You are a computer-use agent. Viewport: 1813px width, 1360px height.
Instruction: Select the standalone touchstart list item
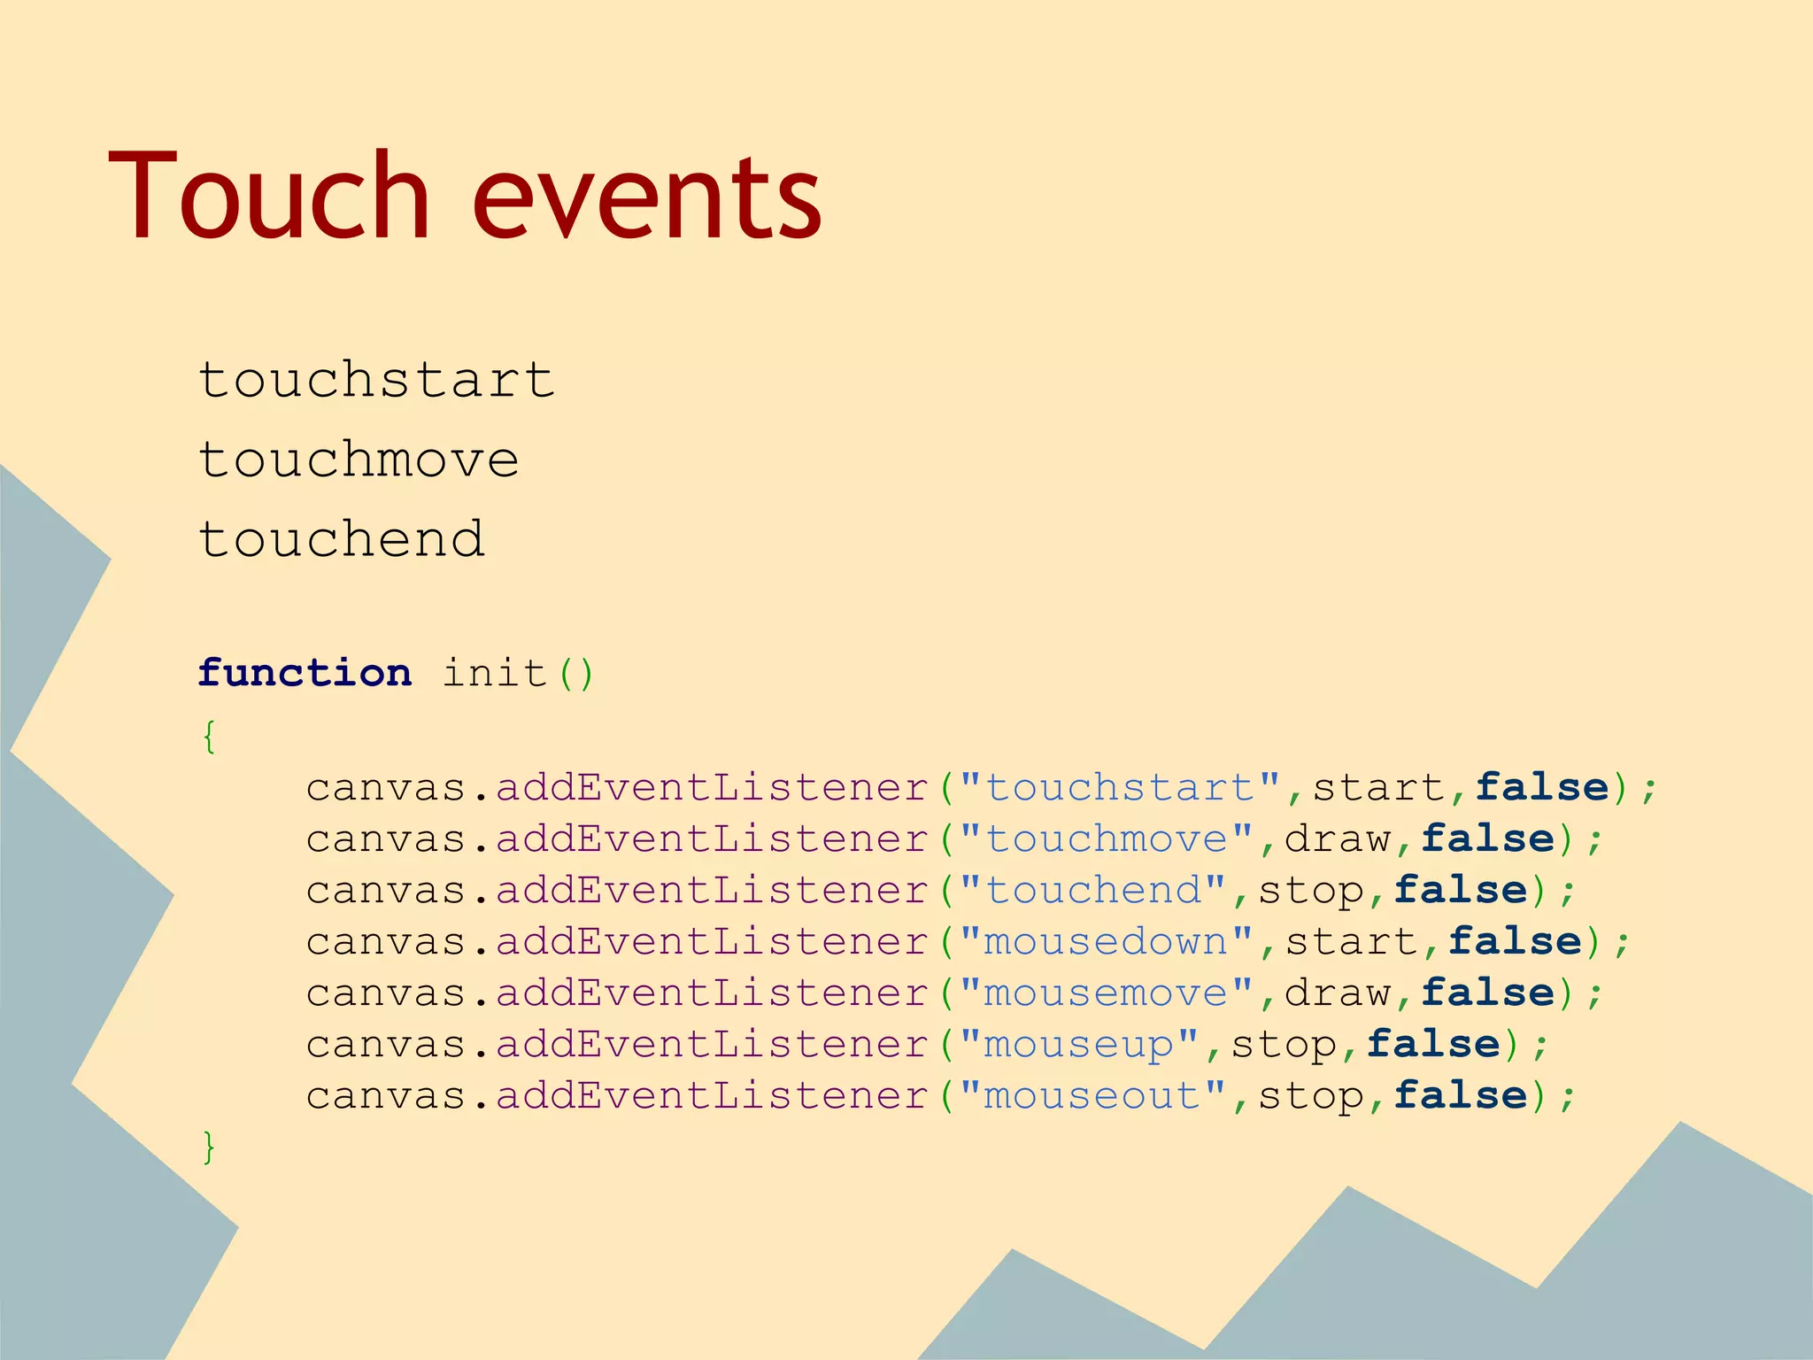pos(376,381)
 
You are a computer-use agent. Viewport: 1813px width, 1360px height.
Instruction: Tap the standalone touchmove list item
pos(359,460)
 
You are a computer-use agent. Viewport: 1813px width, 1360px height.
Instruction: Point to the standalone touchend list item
pos(342,540)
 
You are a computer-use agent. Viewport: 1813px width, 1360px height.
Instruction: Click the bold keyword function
pos(305,673)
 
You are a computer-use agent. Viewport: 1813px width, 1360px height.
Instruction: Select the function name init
pos(494,673)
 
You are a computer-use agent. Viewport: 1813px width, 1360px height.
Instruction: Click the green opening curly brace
pos(209,736)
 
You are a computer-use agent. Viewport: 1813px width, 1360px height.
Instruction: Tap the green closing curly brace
pos(209,1147)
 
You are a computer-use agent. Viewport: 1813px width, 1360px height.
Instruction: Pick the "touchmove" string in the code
pos(1107,838)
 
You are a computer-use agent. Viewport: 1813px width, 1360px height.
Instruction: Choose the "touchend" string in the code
pos(1093,890)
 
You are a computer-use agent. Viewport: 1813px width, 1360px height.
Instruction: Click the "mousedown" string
pos(1107,941)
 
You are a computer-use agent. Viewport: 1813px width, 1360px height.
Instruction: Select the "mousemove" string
pos(1107,993)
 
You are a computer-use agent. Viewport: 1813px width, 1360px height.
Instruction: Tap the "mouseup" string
pos(1079,1044)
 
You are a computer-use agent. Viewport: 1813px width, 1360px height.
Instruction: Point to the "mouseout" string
pos(1093,1095)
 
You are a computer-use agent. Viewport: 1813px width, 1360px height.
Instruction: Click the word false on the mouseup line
pos(1433,1044)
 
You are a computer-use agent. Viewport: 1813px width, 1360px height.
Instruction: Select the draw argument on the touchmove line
pos(1338,838)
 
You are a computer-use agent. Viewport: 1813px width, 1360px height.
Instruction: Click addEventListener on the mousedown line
pos(712,941)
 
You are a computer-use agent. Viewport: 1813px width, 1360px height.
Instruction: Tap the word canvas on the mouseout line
pos(386,1095)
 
